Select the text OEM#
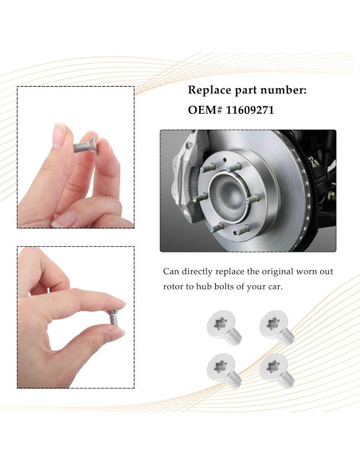(205, 110)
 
